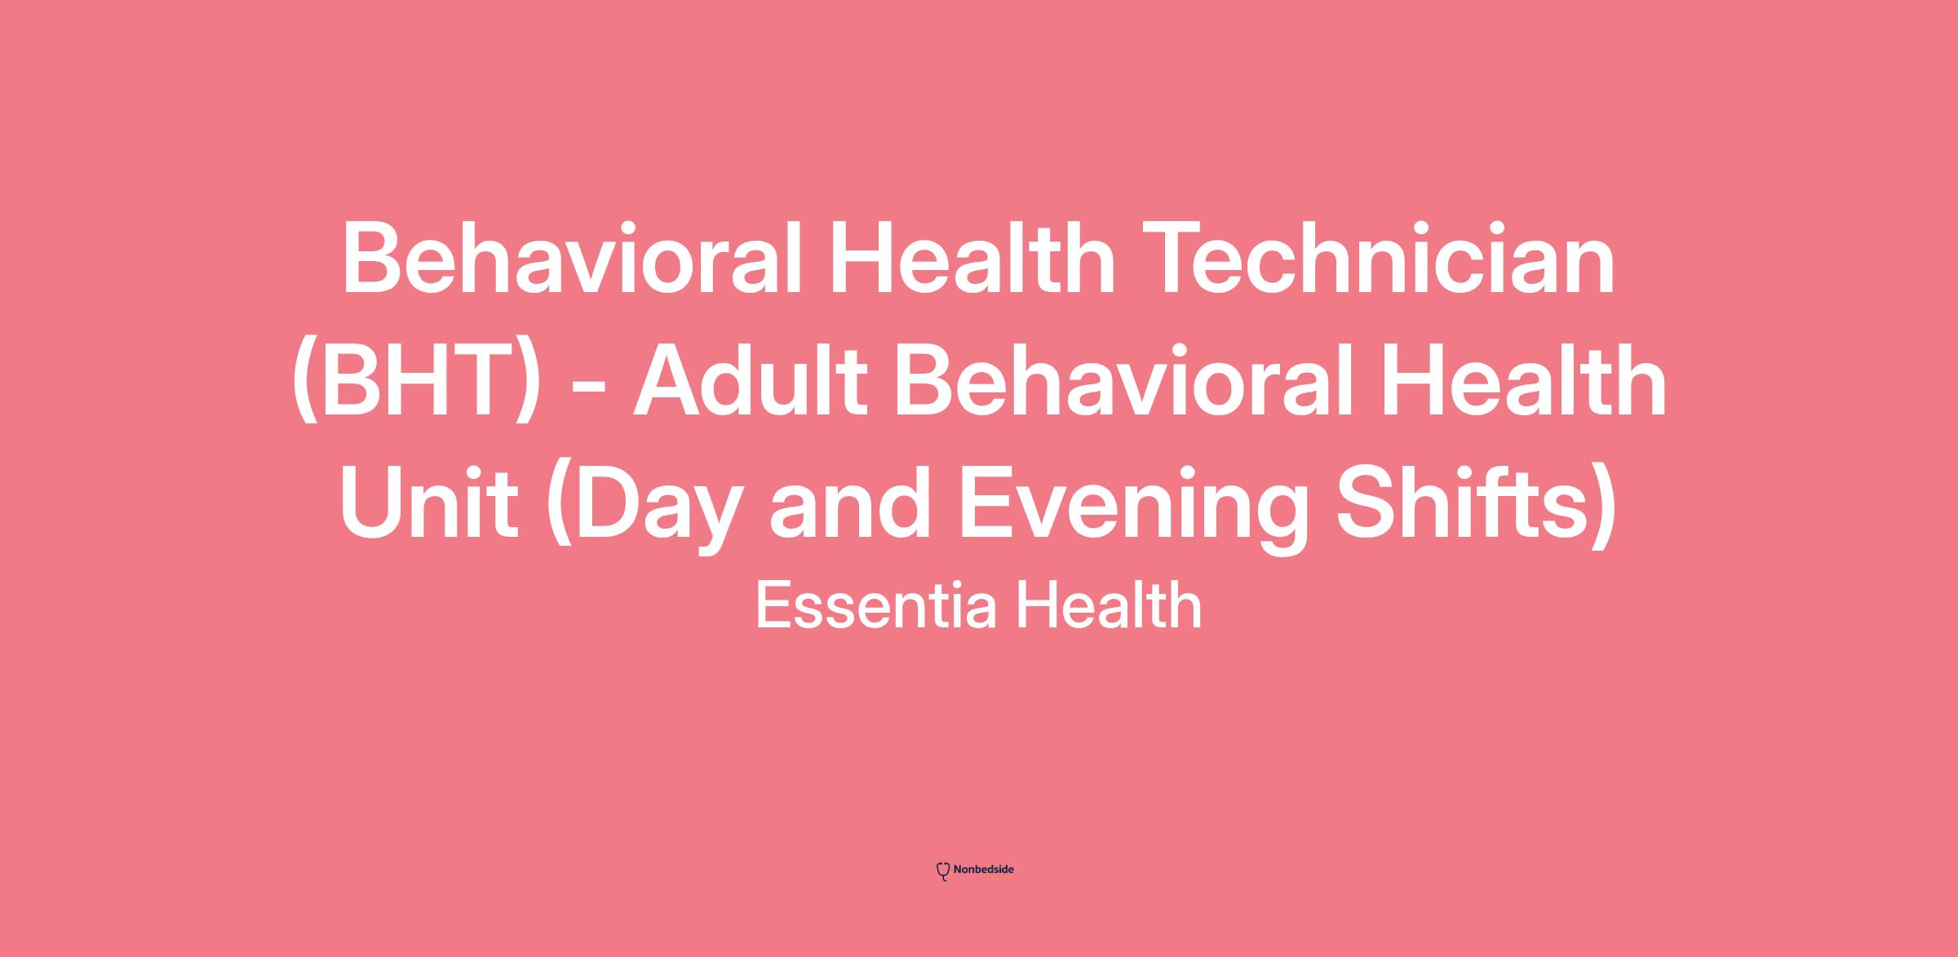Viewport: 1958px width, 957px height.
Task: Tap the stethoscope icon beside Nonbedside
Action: click(943, 871)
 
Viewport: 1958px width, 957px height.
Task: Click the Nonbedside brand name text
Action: click(983, 870)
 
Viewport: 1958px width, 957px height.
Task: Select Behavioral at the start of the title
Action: click(572, 258)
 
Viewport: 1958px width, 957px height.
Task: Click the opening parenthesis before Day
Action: click(559, 506)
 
